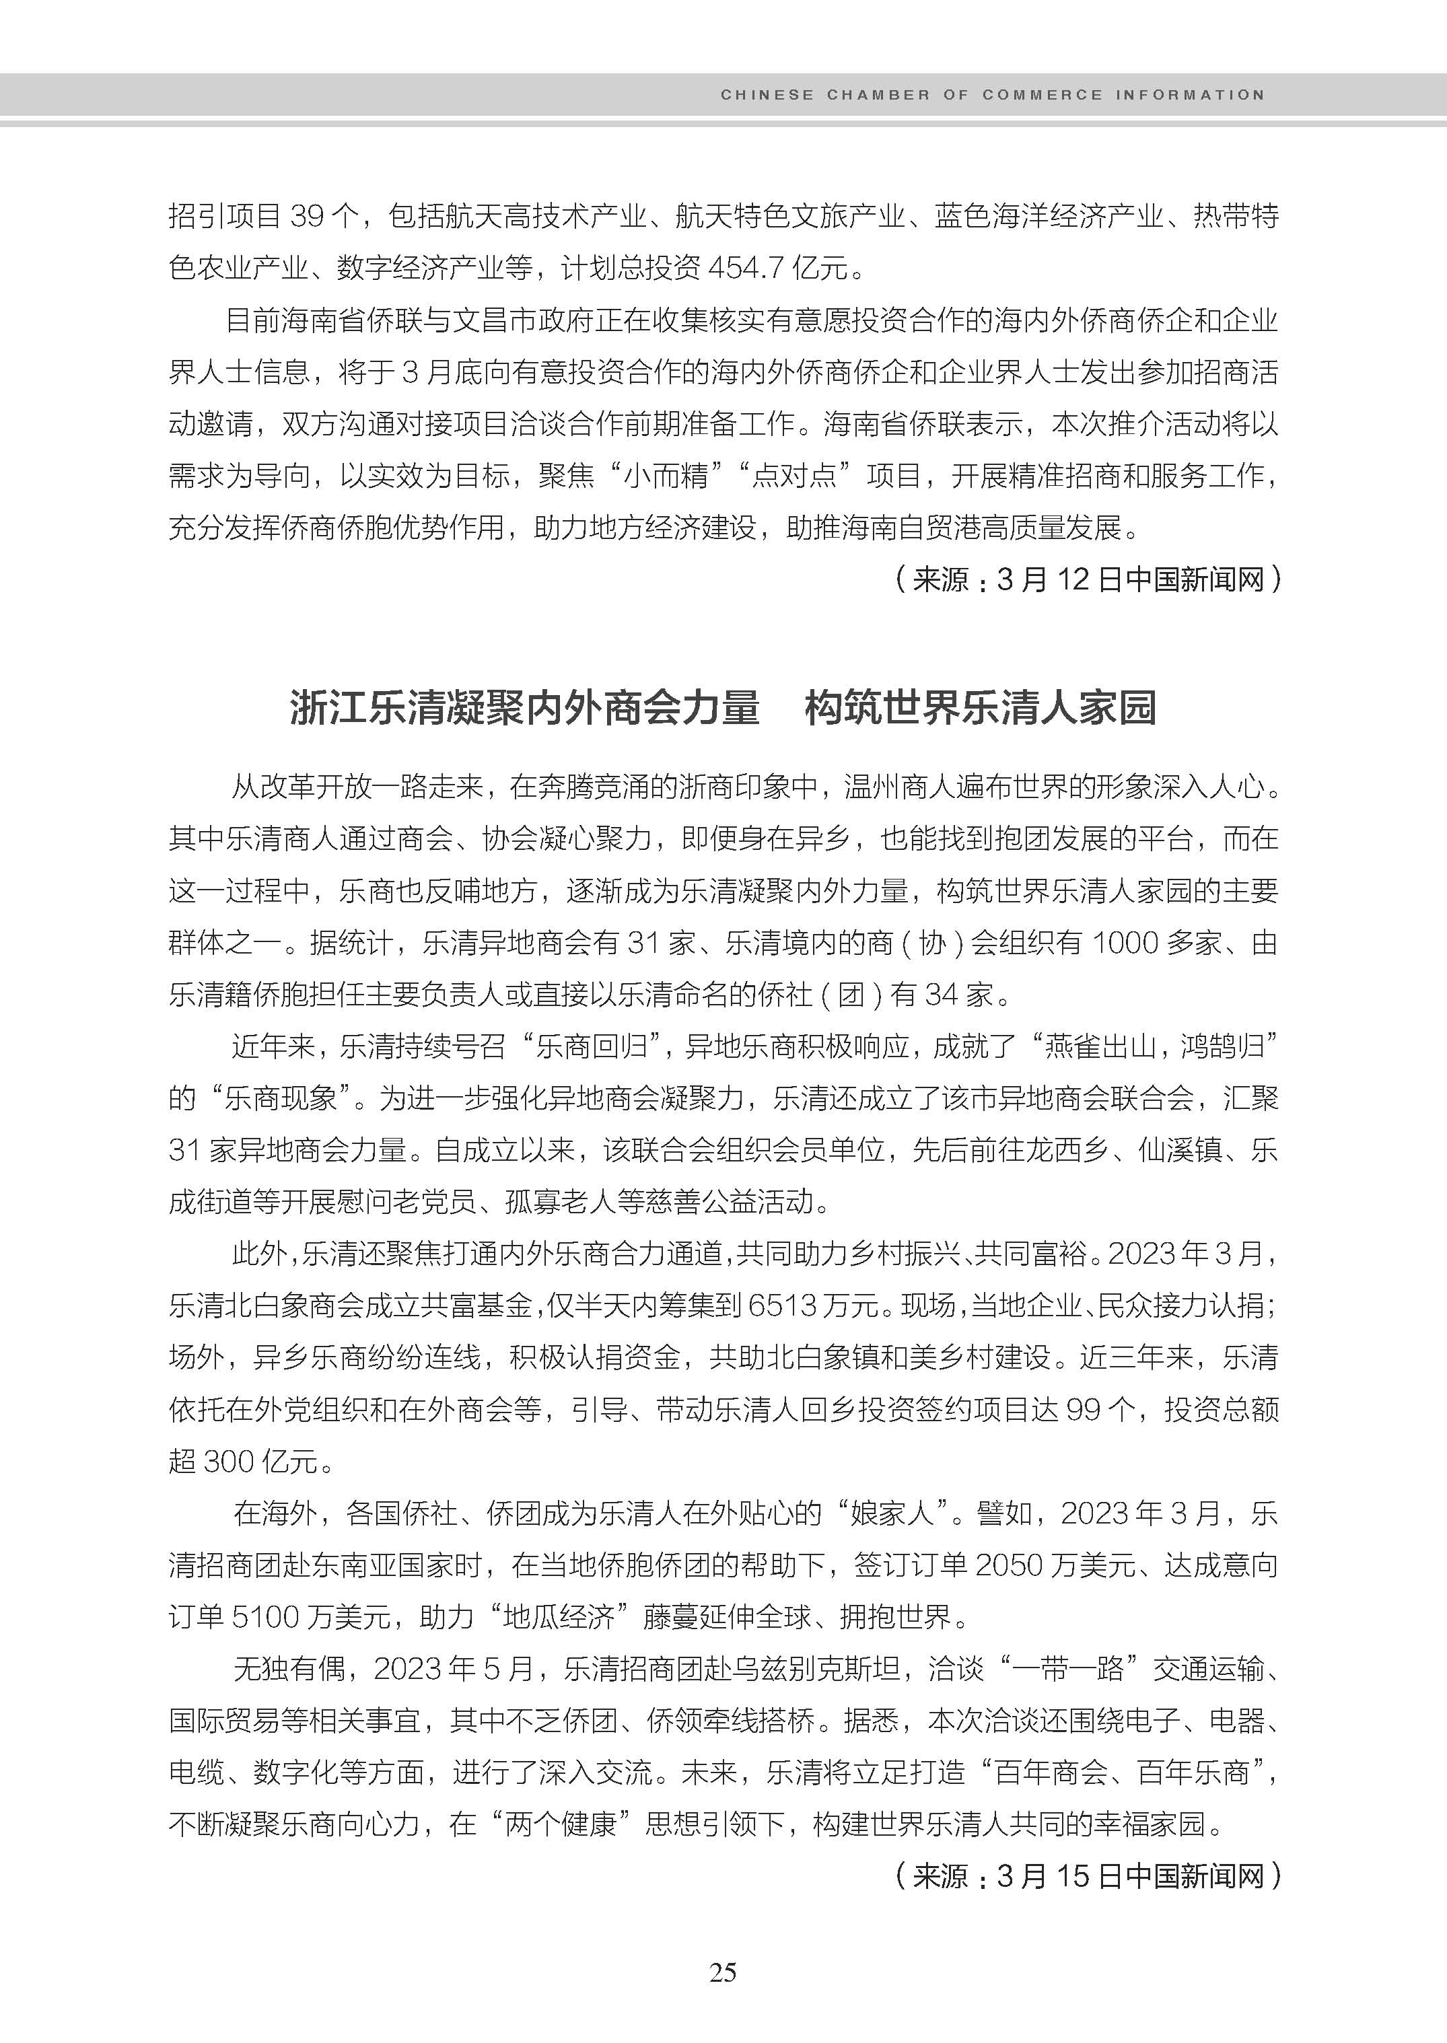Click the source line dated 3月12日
1087,580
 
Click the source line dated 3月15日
1087,1876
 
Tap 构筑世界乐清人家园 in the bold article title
980,709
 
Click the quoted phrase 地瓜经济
559,1617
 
